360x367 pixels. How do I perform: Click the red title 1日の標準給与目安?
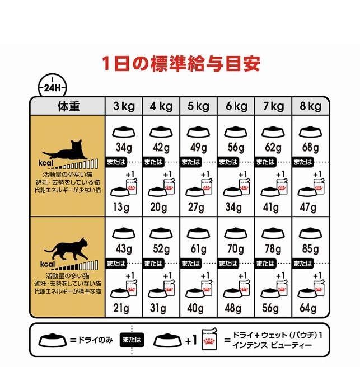[181, 63]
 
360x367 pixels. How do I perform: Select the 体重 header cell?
[69, 106]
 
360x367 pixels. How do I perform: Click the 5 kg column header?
[198, 106]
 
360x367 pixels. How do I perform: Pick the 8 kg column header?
[310, 106]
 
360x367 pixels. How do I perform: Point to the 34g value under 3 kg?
[124, 148]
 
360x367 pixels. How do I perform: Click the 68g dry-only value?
[310, 148]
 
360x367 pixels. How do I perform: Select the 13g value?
[121, 207]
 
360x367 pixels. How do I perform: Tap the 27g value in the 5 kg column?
[196, 207]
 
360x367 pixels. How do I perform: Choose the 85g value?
[310, 249]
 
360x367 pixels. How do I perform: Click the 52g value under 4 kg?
[161, 249]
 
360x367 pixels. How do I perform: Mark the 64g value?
[308, 308]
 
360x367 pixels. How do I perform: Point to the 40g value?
[195, 308]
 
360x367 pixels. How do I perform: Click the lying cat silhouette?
[66, 150]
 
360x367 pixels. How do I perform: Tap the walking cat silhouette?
[66, 249]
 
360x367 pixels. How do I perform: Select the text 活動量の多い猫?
[67, 276]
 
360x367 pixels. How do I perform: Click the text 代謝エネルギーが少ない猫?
[68, 190]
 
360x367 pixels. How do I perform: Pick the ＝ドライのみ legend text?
[91, 340]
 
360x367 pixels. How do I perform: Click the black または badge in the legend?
[132, 340]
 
